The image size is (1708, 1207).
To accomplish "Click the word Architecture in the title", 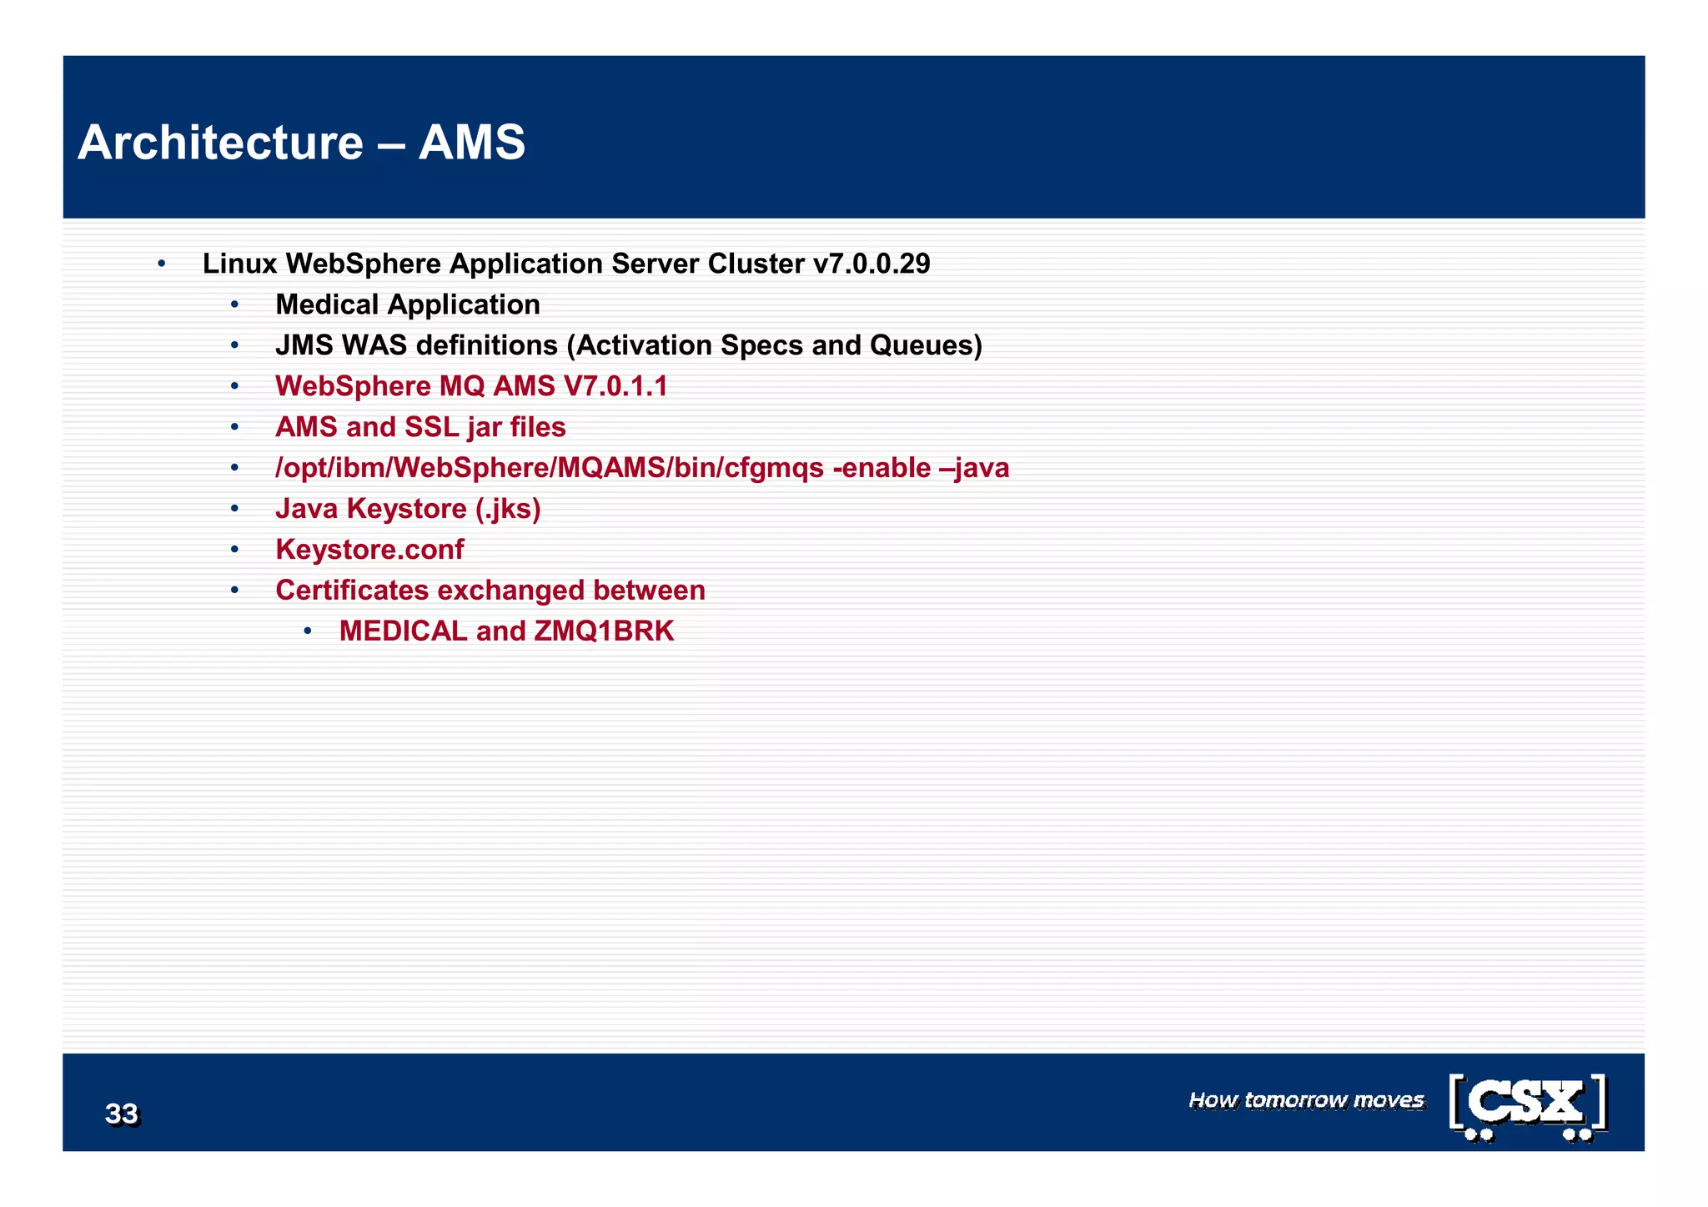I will click(220, 143).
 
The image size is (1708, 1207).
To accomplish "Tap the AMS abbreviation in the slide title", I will click(472, 143).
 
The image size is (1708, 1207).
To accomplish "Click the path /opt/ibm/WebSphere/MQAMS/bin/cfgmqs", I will click(550, 468).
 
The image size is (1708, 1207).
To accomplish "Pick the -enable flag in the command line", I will click(882, 468).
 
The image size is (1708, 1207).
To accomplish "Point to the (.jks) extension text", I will click(508, 509).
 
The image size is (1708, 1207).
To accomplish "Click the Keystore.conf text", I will click(369, 550).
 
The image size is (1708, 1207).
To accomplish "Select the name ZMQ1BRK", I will click(604, 631).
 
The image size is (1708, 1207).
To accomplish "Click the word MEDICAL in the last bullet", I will click(403, 631).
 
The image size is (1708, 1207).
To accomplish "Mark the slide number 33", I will click(122, 1114).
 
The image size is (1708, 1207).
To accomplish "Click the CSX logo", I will click(1528, 1106).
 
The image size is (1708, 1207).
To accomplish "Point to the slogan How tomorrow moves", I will click(1306, 1100).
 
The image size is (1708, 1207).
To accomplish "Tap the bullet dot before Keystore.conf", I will click(235, 550).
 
